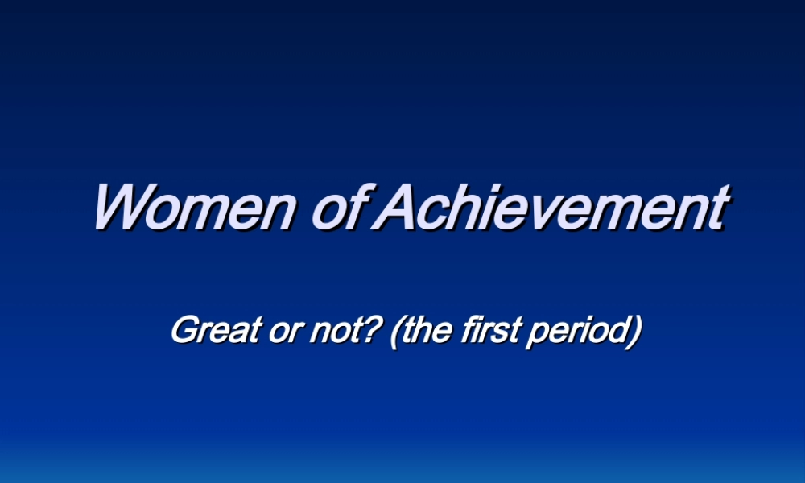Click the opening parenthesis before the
396,331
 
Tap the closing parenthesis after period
633,331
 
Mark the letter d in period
615,330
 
